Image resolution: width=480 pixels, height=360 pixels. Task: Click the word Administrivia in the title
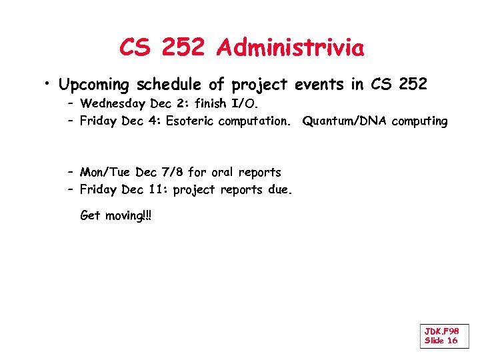click(290, 48)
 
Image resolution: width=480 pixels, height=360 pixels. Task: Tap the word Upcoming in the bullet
click(95, 85)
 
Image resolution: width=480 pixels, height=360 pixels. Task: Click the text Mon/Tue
click(105, 173)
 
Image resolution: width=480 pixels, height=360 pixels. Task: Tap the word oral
click(225, 173)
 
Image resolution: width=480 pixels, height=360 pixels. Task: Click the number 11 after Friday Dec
click(157, 190)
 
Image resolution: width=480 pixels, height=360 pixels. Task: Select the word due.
click(280, 190)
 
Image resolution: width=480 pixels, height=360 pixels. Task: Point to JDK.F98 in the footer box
click(441, 331)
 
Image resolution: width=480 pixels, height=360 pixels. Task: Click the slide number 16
click(451, 341)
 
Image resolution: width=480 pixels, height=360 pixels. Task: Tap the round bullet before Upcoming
click(49, 84)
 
